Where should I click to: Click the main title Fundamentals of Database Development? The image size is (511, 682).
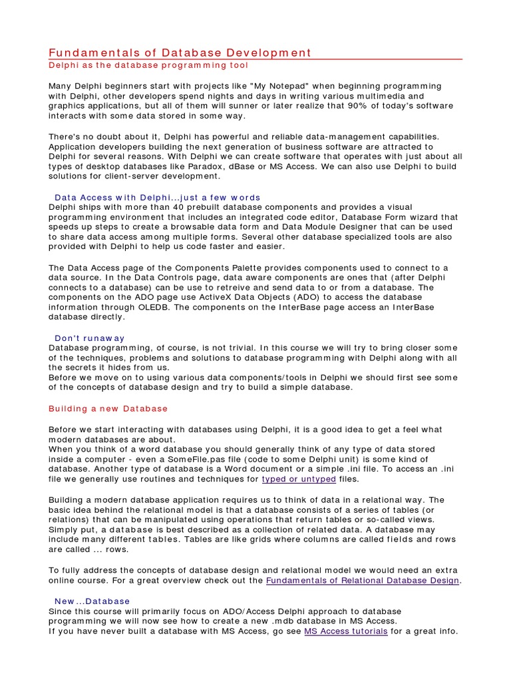(180, 53)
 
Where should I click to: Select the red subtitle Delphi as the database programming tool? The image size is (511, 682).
(148, 65)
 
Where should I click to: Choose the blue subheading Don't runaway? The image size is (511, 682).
(89, 338)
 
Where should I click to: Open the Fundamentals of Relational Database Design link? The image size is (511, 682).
(363, 581)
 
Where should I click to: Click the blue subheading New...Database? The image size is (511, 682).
(92, 601)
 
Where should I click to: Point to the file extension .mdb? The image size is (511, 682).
(317, 621)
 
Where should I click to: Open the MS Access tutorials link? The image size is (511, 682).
(346, 631)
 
